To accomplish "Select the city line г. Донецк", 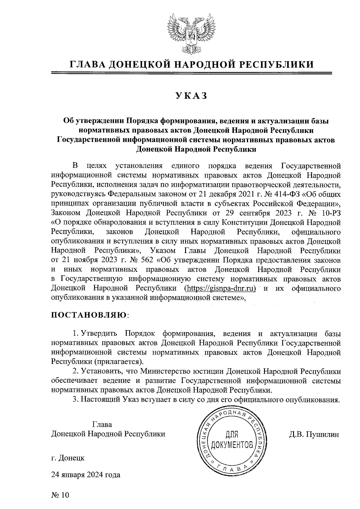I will click(68, 458).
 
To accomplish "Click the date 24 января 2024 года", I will click(86, 475).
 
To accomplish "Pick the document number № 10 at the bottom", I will click(60, 495).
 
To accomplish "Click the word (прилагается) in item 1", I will click(120, 361).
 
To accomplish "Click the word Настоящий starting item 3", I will click(101, 400).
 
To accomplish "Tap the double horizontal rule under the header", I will click(192, 73).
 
